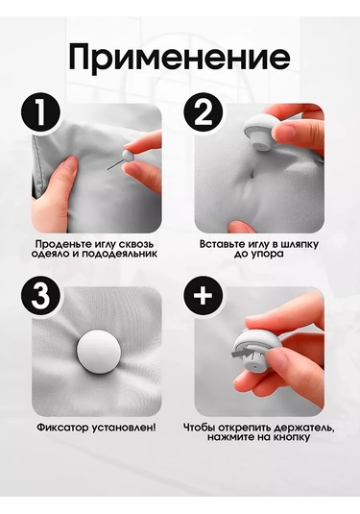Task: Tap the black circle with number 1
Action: click(x=40, y=113)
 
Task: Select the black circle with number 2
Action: click(x=203, y=113)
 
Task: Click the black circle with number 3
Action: click(x=40, y=297)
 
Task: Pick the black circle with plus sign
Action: click(x=203, y=297)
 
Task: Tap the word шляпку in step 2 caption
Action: click(x=299, y=245)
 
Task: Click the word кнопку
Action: click(x=292, y=437)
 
